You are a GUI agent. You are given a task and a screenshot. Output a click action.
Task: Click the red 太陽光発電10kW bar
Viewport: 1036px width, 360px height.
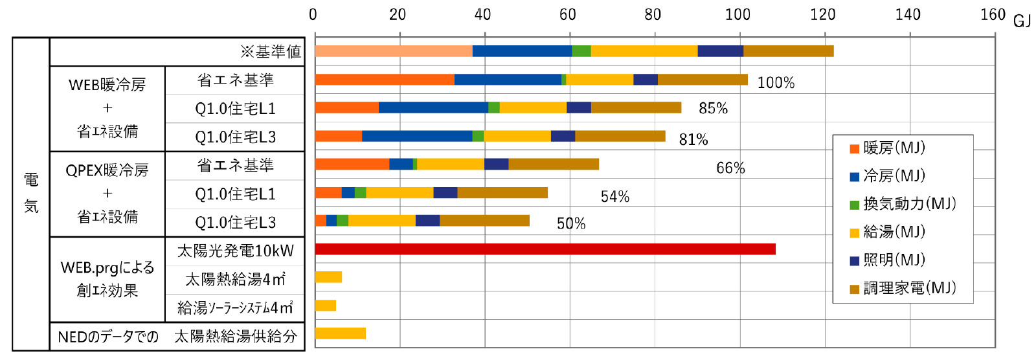pos(545,249)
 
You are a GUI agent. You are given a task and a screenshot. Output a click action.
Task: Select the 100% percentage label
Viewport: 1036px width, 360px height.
pos(776,83)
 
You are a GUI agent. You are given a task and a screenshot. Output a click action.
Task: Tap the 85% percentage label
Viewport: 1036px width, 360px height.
pos(713,108)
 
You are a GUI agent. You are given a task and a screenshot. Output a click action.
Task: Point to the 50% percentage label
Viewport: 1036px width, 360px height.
pos(571,223)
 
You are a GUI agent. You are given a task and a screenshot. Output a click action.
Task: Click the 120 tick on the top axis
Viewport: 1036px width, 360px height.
pos(822,14)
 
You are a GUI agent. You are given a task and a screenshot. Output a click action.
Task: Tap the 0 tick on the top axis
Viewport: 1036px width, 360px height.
pos(313,14)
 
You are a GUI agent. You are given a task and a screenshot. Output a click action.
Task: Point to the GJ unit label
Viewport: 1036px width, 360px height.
pos(1022,21)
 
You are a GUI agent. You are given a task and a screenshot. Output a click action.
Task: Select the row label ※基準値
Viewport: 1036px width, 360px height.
pos(271,52)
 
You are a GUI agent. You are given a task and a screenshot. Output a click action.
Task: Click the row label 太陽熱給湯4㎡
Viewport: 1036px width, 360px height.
pos(235,279)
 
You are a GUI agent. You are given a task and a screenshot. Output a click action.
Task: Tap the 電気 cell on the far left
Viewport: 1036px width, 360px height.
pos(31,193)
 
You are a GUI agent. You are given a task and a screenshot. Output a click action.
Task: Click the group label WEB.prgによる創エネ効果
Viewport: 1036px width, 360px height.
pos(107,279)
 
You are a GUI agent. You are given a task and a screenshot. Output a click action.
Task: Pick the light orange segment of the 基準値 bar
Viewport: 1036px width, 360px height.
pos(394,51)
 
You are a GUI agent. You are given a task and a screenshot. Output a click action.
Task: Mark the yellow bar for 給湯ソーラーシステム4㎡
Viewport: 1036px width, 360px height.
pos(326,306)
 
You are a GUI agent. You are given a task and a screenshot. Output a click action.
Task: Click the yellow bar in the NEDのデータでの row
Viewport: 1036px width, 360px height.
pos(341,333)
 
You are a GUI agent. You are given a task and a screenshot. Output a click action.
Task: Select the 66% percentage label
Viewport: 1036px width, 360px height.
pos(730,168)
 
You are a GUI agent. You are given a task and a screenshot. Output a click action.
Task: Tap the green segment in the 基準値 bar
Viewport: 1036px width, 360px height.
pos(581,51)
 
